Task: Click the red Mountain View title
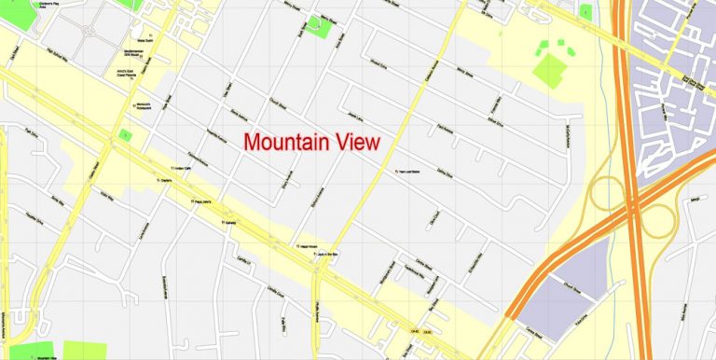pos(311,143)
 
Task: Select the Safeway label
pos(230,223)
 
